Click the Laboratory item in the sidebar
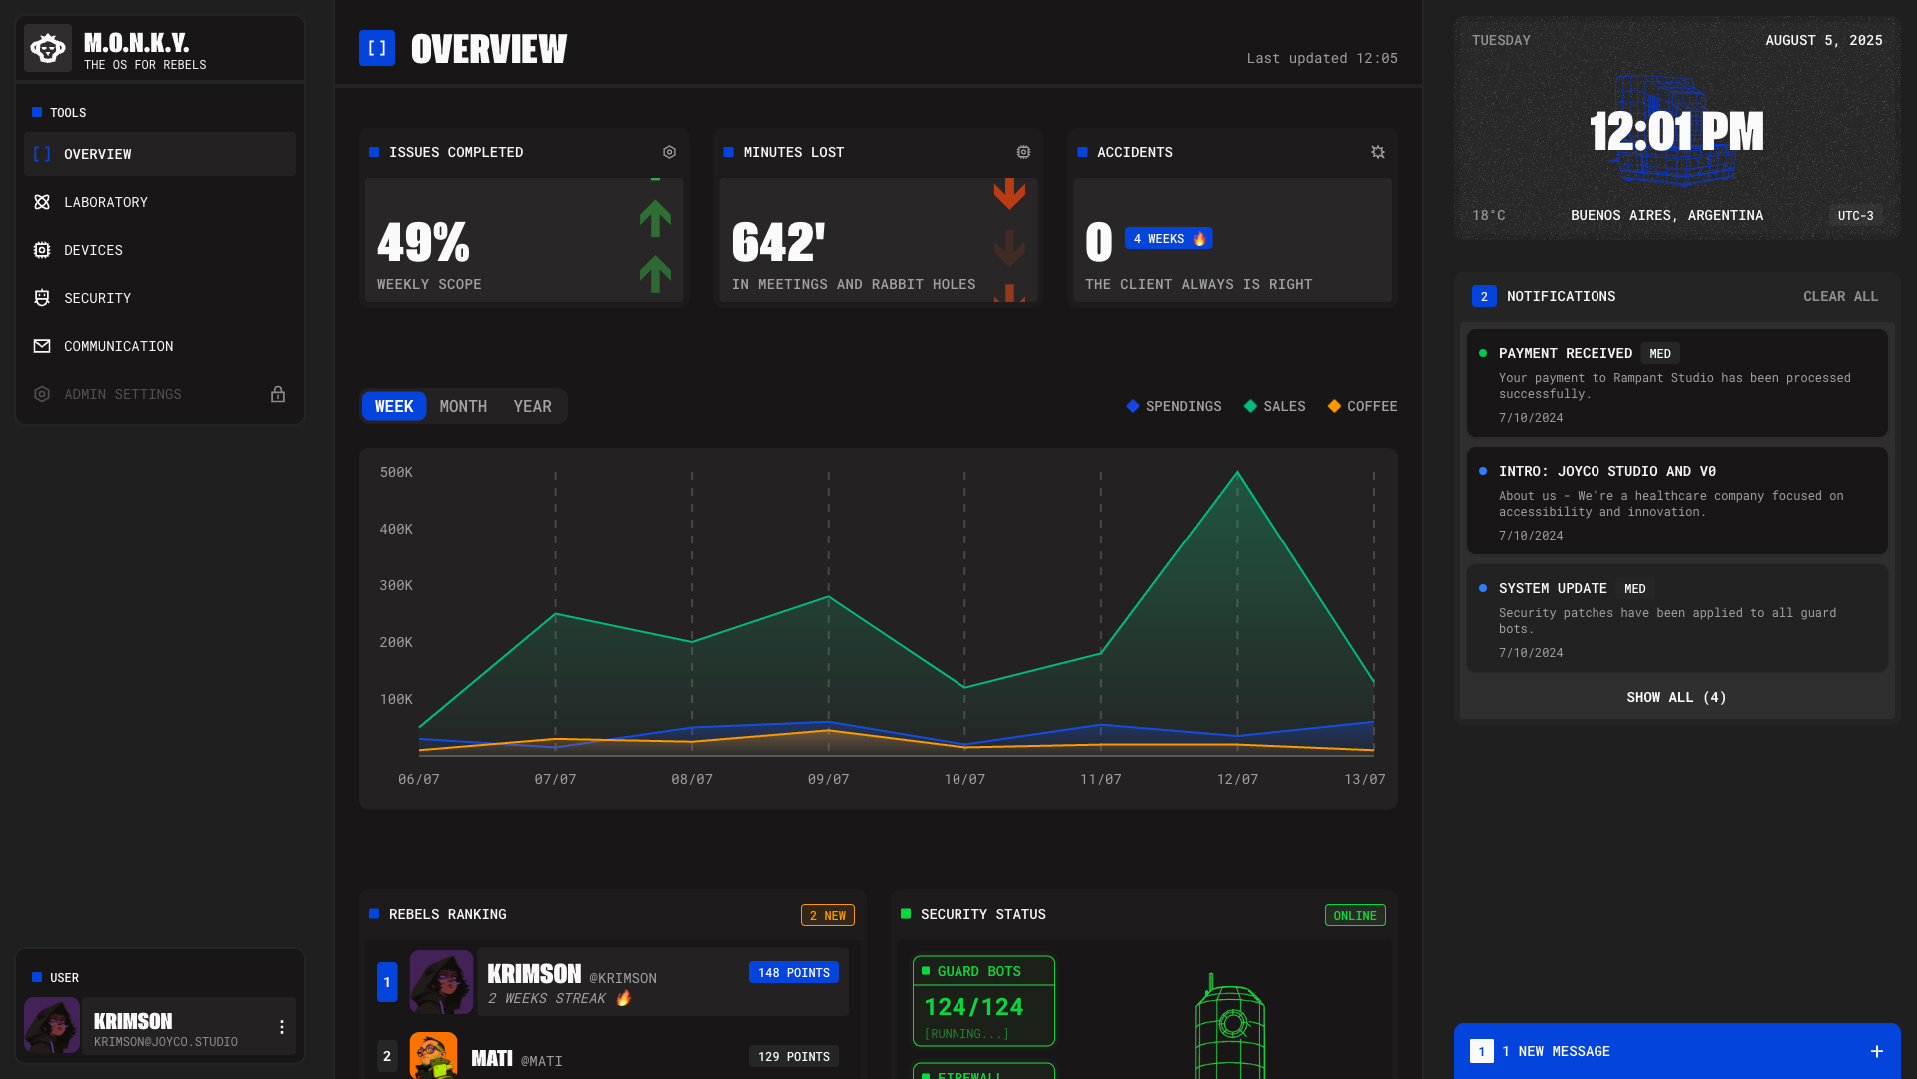pyautogui.click(x=105, y=202)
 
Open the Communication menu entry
pyautogui.click(x=118, y=346)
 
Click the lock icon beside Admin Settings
pyautogui.click(x=278, y=394)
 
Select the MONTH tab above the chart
pyautogui.click(x=463, y=406)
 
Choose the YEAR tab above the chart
pyautogui.click(x=532, y=406)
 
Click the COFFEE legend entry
pyautogui.click(x=1362, y=406)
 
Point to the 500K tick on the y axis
pyautogui.click(x=396, y=472)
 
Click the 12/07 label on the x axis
pyautogui.click(x=1237, y=779)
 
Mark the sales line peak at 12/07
pyautogui.click(x=1237, y=472)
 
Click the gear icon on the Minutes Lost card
pyautogui.click(x=1023, y=152)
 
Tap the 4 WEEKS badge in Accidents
pyautogui.click(x=1168, y=239)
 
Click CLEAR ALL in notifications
pyautogui.click(x=1840, y=296)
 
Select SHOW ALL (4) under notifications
pyautogui.click(x=1676, y=697)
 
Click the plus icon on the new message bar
pyautogui.click(x=1877, y=1051)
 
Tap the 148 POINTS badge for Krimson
pyautogui.click(x=793, y=972)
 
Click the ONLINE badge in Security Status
pyautogui.click(x=1354, y=915)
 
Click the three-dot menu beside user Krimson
pyautogui.click(x=282, y=1027)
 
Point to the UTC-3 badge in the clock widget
pyautogui.click(x=1855, y=215)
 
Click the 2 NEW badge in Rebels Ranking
pyautogui.click(x=827, y=915)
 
